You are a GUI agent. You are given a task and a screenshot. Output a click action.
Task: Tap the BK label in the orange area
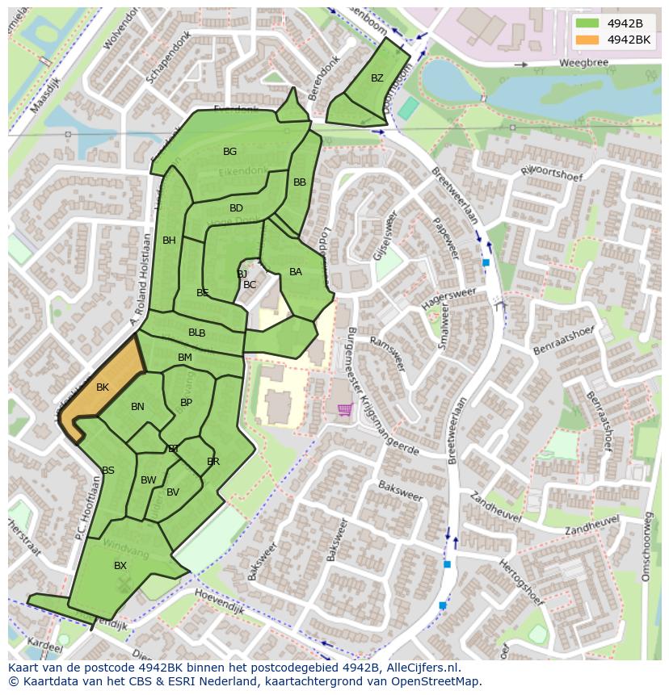pos(102,387)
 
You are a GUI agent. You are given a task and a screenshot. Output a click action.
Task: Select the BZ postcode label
pos(377,78)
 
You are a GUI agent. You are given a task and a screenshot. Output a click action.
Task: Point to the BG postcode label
pos(230,152)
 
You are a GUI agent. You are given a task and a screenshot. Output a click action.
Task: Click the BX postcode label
pos(120,566)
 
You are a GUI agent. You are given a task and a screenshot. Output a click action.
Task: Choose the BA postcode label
pos(296,272)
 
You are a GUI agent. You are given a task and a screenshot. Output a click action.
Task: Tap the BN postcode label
pos(137,407)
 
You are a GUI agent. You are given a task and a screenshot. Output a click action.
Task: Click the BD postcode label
pos(236,208)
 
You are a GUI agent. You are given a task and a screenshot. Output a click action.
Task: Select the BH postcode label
pos(169,241)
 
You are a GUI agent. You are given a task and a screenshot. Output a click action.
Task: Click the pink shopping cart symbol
pos(345,410)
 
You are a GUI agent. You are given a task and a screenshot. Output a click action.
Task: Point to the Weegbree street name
pos(582,63)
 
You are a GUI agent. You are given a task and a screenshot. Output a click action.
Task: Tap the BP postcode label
pos(186,403)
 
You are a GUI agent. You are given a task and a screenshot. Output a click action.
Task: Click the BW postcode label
pos(148,480)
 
